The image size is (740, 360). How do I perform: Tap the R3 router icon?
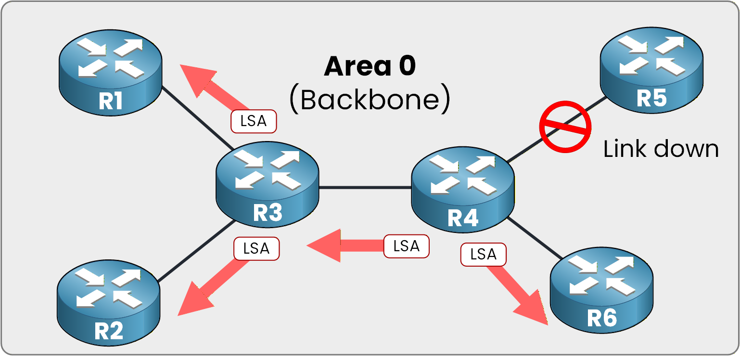[x=268, y=185]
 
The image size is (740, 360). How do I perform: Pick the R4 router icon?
[x=463, y=190]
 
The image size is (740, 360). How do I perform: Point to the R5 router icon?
[x=652, y=70]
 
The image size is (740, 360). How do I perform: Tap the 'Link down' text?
[x=661, y=149]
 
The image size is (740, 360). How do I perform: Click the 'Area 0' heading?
[x=370, y=66]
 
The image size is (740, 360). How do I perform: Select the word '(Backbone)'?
[x=370, y=100]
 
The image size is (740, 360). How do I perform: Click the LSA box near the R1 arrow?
[x=254, y=122]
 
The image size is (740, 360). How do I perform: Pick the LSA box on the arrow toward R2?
[x=256, y=249]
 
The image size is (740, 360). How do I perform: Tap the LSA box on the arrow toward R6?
[x=483, y=255]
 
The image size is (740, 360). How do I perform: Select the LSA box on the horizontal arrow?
[x=406, y=246]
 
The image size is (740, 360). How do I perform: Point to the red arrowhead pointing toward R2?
[x=192, y=301]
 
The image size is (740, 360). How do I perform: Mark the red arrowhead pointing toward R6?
[x=534, y=310]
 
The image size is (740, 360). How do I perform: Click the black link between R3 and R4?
[x=365, y=188]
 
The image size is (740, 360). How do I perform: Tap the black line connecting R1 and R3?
[x=197, y=118]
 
